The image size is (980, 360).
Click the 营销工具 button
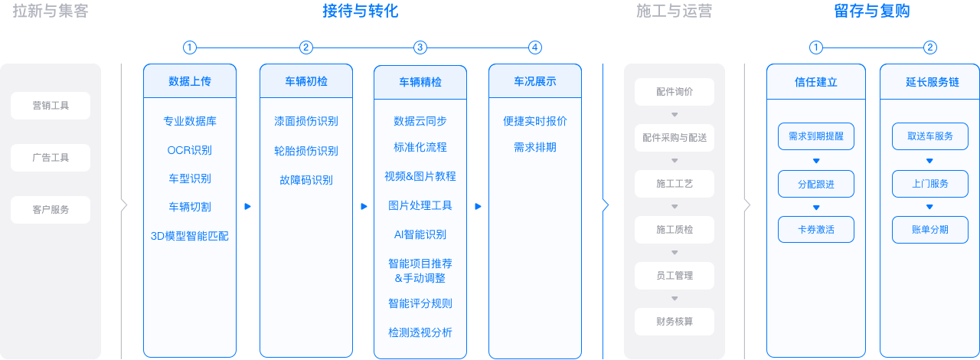tap(51, 106)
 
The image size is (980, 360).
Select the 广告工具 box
tap(51, 158)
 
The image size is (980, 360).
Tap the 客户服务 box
tap(51, 209)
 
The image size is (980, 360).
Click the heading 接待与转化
tap(360, 11)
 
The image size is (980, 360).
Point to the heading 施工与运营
tap(675, 11)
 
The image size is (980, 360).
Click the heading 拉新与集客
tap(51, 11)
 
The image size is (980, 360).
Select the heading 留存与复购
tap(872, 11)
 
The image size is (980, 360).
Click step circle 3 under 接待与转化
tap(420, 47)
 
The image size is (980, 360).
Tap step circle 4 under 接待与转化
tap(535, 47)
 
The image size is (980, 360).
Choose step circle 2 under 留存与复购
tap(930, 47)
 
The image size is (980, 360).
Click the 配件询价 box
tap(675, 92)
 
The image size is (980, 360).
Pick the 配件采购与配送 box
tap(675, 138)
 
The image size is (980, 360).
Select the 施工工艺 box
tap(675, 184)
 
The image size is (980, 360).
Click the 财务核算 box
tap(675, 322)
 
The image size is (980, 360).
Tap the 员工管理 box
tap(675, 276)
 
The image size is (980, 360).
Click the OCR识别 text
tap(189, 150)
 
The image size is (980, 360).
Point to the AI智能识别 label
tap(420, 234)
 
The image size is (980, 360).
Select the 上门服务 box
tap(930, 184)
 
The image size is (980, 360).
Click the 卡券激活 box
tap(816, 230)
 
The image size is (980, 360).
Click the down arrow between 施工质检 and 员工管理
tap(675, 253)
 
